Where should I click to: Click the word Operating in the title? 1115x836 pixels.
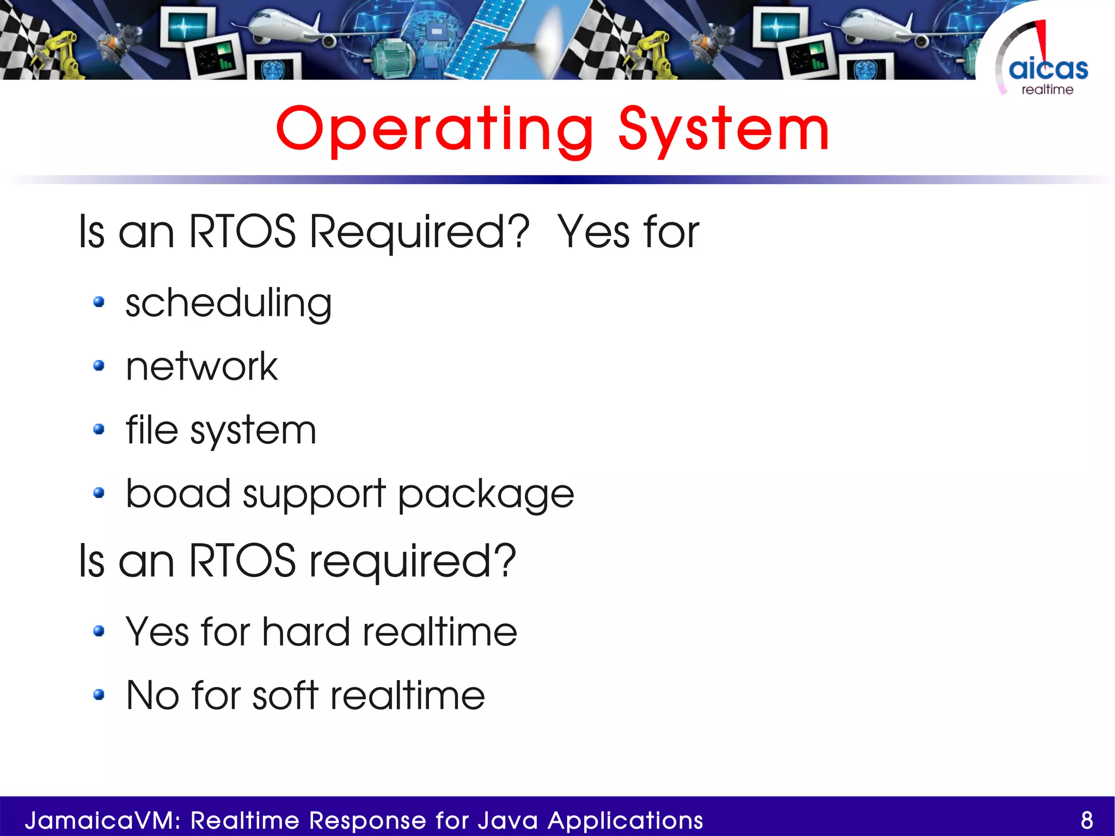coord(434,130)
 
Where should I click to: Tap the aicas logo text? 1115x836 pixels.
coord(1048,69)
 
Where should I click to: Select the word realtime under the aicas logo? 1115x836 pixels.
coord(1047,90)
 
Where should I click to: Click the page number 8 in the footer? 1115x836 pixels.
coord(1087,820)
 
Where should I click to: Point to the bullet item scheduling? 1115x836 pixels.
coord(228,303)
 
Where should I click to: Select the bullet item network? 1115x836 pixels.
coord(201,366)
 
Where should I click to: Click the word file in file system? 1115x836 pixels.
coord(151,430)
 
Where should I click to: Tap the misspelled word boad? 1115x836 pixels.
coord(178,493)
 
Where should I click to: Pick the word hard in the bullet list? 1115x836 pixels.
coord(305,632)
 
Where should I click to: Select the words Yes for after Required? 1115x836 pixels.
coord(628,232)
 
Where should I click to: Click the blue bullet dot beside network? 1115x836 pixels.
coord(99,365)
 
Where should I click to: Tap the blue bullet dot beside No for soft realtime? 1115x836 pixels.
coord(99,694)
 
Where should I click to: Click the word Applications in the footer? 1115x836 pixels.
coord(625,820)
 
